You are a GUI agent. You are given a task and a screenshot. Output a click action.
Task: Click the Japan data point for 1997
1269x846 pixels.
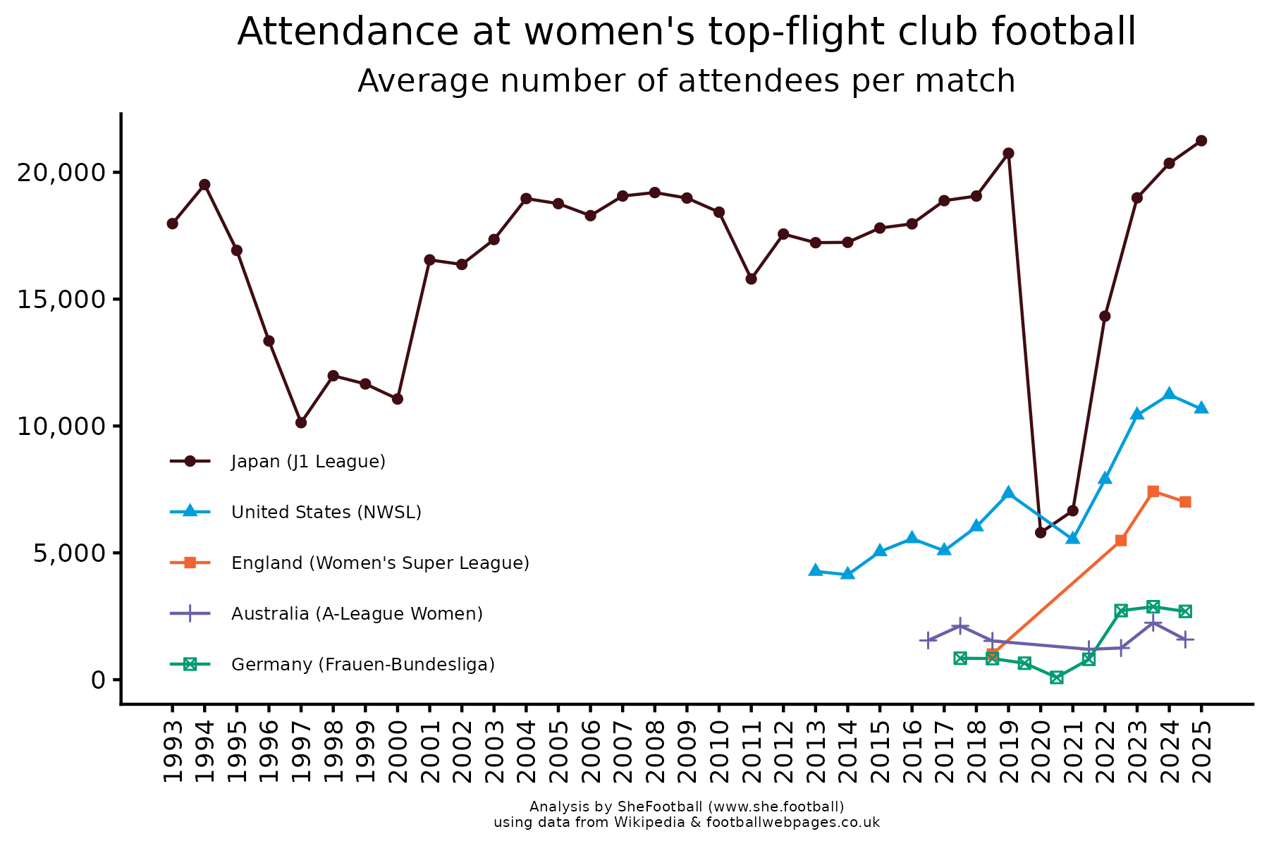point(301,422)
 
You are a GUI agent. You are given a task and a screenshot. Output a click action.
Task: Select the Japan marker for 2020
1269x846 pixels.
point(1041,532)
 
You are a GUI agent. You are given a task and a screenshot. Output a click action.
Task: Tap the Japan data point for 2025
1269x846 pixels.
point(1201,141)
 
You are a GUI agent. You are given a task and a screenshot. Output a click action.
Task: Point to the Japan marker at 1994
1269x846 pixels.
point(204,185)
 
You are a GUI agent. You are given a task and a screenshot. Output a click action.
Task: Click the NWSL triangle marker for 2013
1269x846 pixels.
point(816,570)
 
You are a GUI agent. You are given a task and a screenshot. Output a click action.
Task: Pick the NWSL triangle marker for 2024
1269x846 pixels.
point(1169,393)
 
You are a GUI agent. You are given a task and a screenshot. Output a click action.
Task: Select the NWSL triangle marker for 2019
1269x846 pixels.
point(1008,492)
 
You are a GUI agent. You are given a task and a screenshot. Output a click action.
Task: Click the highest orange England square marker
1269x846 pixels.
point(1153,491)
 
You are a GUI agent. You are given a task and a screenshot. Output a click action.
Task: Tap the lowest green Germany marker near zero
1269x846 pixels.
point(1056,678)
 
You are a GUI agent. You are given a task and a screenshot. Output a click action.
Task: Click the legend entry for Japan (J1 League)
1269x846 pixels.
point(308,462)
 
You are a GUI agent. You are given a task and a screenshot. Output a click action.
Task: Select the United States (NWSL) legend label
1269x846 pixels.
point(326,513)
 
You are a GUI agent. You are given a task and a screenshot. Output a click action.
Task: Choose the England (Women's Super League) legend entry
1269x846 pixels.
point(380,563)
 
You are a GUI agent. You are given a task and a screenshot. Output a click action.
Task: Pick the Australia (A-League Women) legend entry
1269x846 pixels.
point(357,614)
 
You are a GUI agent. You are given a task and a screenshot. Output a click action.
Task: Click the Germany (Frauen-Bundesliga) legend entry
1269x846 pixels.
point(362,665)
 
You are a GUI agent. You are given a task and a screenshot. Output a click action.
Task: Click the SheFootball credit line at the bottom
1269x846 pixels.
point(687,807)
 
